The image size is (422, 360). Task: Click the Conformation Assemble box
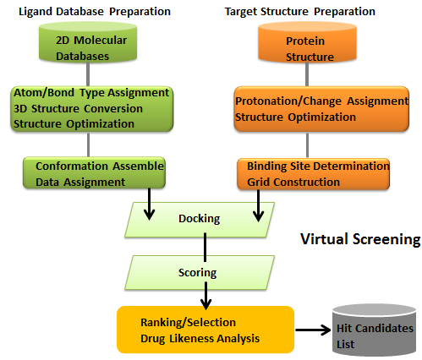coord(92,173)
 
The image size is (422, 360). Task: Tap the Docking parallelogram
coord(200,219)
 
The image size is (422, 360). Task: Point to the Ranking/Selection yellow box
coord(206,330)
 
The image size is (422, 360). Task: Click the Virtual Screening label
coord(360,240)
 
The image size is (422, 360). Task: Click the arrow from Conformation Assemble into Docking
coord(149,205)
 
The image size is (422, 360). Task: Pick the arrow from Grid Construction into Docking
coord(258,205)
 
